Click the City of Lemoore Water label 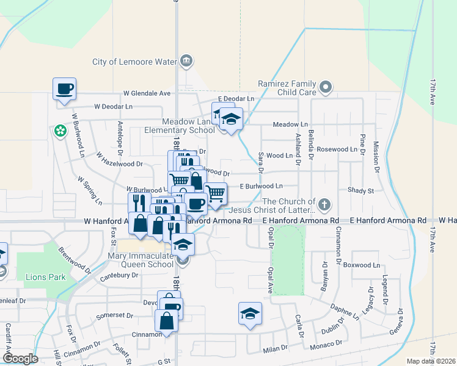tap(134, 62)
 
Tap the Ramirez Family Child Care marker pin tap(326, 87)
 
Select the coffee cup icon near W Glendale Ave tap(64, 89)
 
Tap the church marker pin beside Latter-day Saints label tap(325, 204)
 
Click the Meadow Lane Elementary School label tap(188, 126)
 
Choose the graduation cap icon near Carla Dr tap(249, 314)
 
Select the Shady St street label tap(360, 190)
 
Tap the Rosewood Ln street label tap(337, 149)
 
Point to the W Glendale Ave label tap(147, 94)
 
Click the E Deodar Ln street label tap(236, 99)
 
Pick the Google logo tap(20, 359)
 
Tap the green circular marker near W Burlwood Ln tap(60, 130)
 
